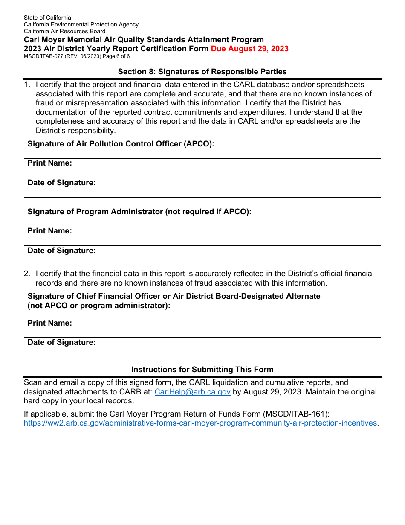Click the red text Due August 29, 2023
[249, 49]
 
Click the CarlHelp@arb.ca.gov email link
[192, 392]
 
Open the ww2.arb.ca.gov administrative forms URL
[200, 423]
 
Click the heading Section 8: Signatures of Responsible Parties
[202, 72]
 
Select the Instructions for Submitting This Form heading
[202, 370]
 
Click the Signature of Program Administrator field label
[139, 212]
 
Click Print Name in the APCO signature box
[50, 163]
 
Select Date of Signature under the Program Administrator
[62, 251]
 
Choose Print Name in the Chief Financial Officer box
[50, 323]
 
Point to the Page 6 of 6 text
[114, 56]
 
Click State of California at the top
[47, 17]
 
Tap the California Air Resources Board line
[64, 31]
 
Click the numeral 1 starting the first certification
[26, 85]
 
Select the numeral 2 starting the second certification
[26, 274]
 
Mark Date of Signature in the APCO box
[62, 183]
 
